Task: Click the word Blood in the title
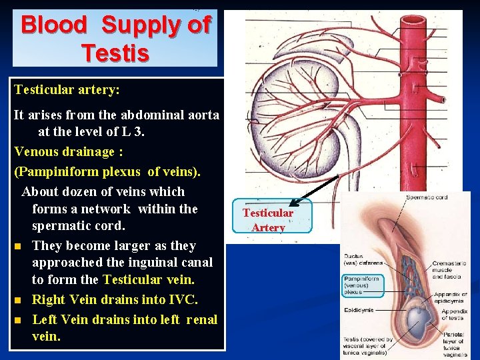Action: click(x=53, y=25)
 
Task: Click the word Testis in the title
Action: click(x=115, y=52)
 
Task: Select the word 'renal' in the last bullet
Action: click(x=199, y=319)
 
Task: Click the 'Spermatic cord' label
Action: click(x=426, y=198)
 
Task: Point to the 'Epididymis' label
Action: click(x=359, y=310)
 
